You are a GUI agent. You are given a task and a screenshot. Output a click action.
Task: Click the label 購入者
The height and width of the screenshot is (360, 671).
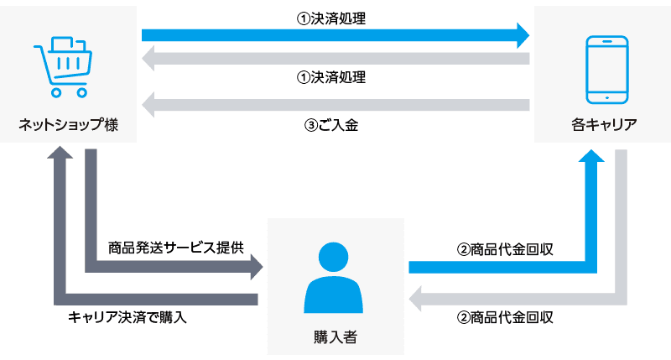coord(335,337)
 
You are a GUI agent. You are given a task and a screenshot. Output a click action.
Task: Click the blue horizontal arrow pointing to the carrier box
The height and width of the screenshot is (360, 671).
coord(335,35)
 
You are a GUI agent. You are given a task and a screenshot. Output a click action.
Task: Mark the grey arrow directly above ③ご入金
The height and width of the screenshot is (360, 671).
coord(335,105)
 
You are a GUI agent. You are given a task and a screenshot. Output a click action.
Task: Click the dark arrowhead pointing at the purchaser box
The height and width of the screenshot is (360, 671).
coord(254,268)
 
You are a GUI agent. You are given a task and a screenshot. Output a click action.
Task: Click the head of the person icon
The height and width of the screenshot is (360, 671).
coord(335,255)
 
